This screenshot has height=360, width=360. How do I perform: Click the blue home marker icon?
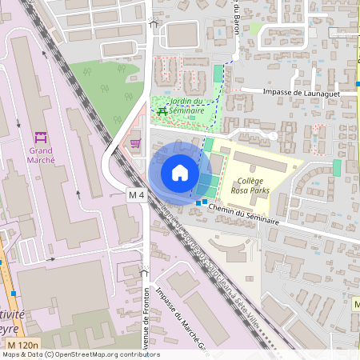point(180,172)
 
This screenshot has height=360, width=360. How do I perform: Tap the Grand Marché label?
point(42,154)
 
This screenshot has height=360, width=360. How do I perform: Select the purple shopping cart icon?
point(135,143)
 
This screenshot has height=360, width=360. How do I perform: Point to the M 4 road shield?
point(137,194)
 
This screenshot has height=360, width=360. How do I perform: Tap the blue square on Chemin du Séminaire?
point(198,202)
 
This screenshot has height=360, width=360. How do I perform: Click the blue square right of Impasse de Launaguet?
point(358,83)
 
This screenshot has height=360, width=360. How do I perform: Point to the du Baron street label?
point(238,18)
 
